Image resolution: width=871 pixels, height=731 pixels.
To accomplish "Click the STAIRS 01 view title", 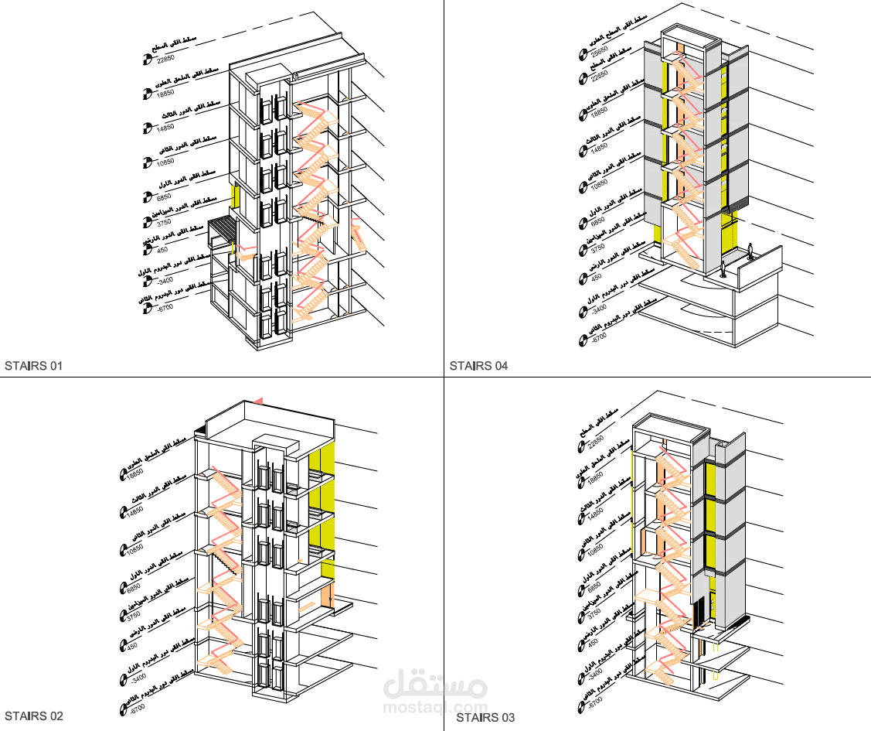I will pos(33,365).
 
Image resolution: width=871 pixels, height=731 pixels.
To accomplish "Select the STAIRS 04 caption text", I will pos(479,365).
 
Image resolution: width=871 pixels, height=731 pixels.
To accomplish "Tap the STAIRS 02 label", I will pos(33,716).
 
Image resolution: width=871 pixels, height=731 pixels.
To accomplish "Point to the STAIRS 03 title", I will pos(485,718).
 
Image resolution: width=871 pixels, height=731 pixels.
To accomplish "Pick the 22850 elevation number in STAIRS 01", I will pos(165,59).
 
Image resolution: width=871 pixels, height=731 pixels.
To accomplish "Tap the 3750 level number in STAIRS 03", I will pos(594,613).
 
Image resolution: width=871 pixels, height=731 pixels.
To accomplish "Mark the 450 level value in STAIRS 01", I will pos(162,250).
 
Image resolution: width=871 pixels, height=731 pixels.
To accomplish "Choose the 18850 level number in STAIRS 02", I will pos(136,473).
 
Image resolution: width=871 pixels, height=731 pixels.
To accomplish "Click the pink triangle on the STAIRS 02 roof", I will pos(259,400).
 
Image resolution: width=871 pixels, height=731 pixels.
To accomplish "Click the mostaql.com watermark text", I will pos(435,707).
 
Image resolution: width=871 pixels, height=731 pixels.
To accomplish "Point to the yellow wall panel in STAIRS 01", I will pos(233,196).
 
